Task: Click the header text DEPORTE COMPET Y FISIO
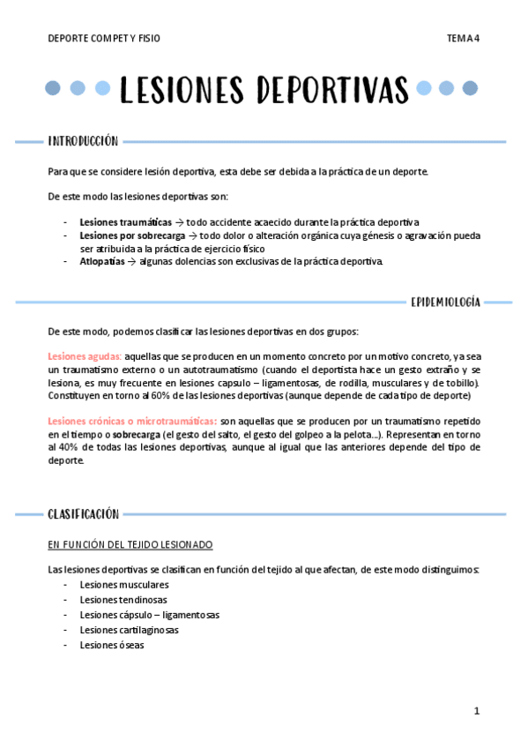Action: click(x=104, y=39)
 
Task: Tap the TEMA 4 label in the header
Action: click(x=463, y=39)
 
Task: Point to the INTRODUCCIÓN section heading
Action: click(x=83, y=141)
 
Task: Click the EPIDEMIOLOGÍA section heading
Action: click(x=445, y=303)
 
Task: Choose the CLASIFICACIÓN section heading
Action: click(x=83, y=513)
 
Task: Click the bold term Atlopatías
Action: click(x=102, y=262)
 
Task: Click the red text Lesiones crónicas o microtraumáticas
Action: click(x=132, y=422)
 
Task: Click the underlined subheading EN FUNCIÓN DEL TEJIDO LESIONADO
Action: click(x=130, y=545)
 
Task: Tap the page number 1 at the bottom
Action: click(x=476, y=710)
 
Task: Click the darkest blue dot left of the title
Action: click(x=53, y=88)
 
